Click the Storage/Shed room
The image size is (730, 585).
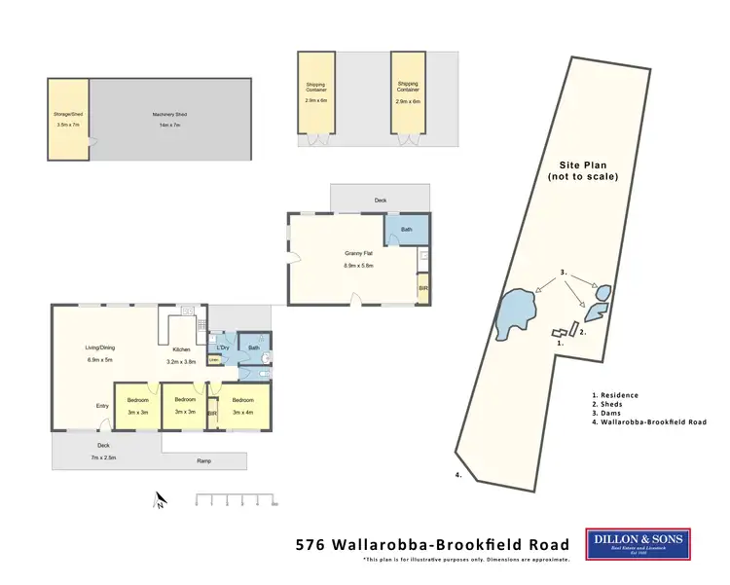68,119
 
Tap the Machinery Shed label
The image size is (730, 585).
168,115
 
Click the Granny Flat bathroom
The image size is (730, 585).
406,231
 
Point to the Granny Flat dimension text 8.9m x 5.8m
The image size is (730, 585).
358,266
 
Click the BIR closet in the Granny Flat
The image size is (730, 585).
423,289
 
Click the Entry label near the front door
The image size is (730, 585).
102,406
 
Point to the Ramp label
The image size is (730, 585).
202,460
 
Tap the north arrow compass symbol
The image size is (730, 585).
161,500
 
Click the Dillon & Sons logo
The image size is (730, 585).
638,543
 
